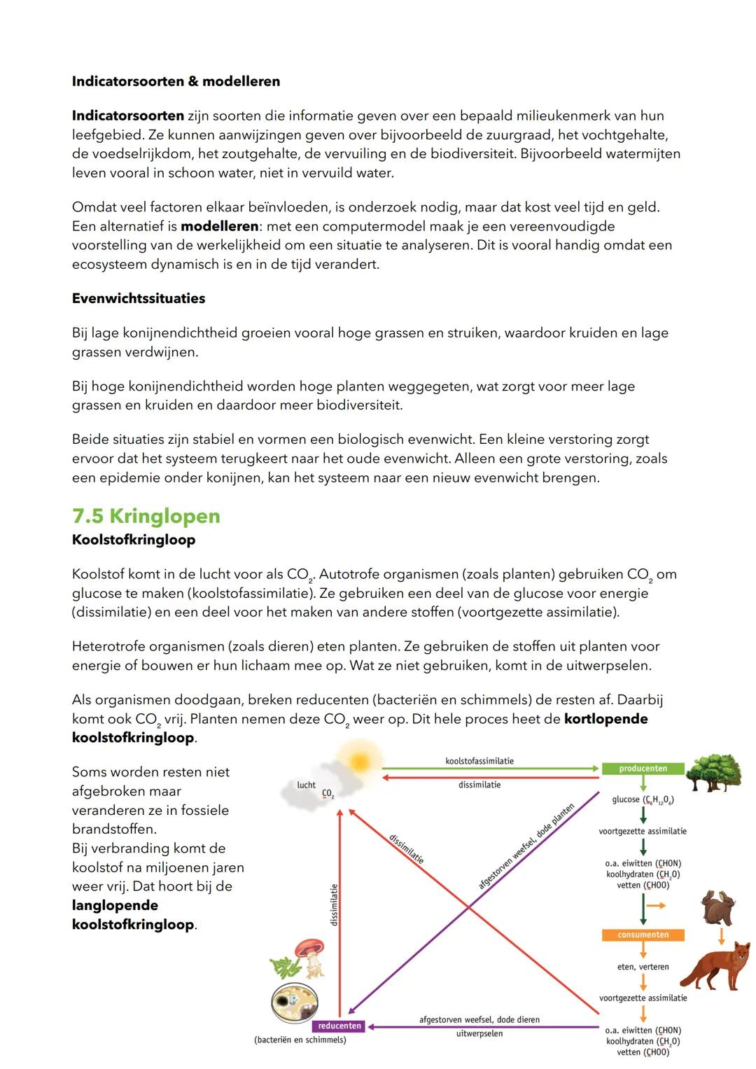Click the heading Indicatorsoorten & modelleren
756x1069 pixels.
coord(176,81)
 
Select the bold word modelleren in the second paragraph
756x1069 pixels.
coord(219,226)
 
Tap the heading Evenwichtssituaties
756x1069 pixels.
coord(139,298)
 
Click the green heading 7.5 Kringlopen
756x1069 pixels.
coord(146,516)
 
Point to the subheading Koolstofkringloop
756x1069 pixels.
coord(133,540)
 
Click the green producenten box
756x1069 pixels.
coord(643,769)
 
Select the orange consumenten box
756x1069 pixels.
coord(643,935)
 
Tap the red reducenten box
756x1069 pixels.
coord(339,1026)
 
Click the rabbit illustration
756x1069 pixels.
coord(718,908)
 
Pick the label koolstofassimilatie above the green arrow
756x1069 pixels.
coord(479,761)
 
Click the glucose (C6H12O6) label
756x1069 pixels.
coord(643,799)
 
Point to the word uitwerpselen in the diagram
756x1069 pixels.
coord(479,1033)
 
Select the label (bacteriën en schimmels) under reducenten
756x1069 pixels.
coord(300,1040)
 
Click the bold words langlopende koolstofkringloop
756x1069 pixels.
coord(133,915)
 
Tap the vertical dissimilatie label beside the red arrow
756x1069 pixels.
coord(334,904)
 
